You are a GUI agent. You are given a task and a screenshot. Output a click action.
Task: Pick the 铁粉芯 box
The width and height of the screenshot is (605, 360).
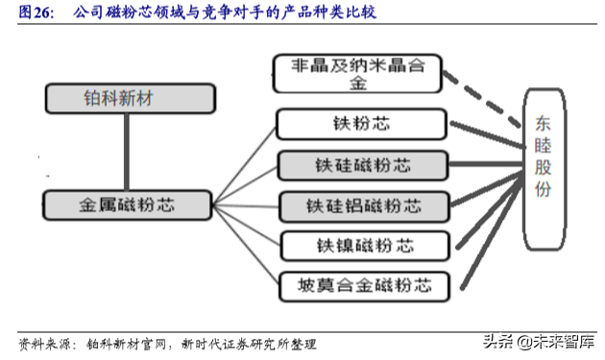(361, 123)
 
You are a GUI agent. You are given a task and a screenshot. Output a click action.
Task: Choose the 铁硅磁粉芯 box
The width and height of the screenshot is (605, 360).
(362, 163)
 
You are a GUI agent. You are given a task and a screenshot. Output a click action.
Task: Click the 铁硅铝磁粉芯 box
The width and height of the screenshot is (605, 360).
(363, 204)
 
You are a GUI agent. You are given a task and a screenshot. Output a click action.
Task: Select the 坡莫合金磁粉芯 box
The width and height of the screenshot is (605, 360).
(364, 284)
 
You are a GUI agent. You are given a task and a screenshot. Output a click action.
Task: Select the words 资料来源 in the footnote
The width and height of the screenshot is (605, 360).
(43, 343)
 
